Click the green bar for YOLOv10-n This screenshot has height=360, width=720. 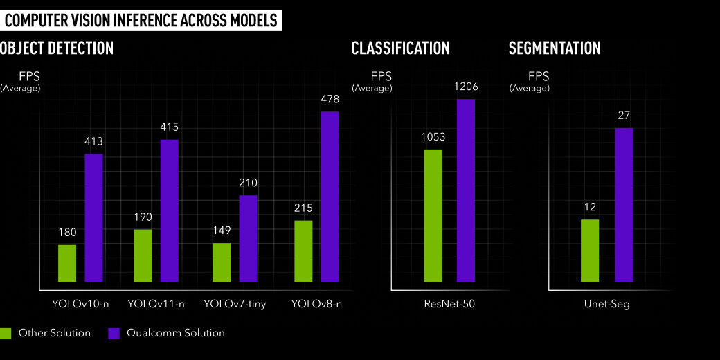[x=67, y=263]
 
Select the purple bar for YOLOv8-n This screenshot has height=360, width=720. [x=330, y=197]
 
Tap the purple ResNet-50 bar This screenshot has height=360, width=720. [x=466, y=190]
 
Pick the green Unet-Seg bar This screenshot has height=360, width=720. [x=590, y=251]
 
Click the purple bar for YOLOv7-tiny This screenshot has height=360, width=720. [x=248, y=238]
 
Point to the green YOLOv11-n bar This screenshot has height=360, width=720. [x=143, y=255]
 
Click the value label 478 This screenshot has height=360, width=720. [x=330, y=99]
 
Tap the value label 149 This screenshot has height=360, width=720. [x=222, y=231]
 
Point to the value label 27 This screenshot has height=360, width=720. [x=624, y=116]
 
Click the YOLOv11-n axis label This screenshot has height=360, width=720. [x=156, y=304]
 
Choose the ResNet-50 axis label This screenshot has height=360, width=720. [x=449, y=304]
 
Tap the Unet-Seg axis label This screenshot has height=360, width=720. [x=606, y=304]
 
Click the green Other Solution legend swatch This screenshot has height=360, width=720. [x=6, y=333]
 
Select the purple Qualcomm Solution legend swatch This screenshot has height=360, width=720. [x=115, y=333]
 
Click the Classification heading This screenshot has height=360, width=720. [x=400, y=48]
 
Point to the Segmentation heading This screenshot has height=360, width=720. [x=554, y=48]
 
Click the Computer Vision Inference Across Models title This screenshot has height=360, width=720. [x=141, y=20]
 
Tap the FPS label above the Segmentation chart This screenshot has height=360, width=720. [x=539, y=76]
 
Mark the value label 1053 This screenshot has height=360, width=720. [x=433, y=137]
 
